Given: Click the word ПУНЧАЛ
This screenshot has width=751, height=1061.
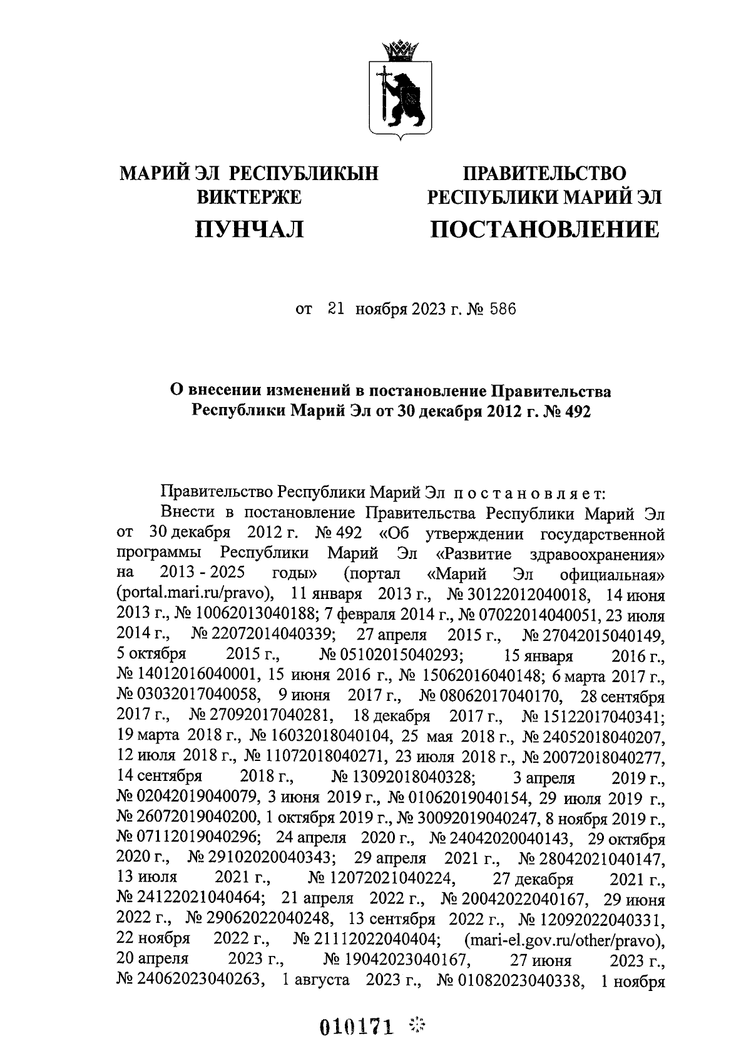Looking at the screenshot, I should [x=249, y=229].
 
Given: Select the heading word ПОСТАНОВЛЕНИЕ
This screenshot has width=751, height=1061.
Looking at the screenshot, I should [x=544, y=229].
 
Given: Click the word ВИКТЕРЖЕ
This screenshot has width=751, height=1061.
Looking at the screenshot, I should [x=249, y=198].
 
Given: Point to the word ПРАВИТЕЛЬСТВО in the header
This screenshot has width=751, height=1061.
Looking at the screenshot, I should [x=544, y=172].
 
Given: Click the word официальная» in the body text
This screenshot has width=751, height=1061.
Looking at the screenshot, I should [x=612, y=574].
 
